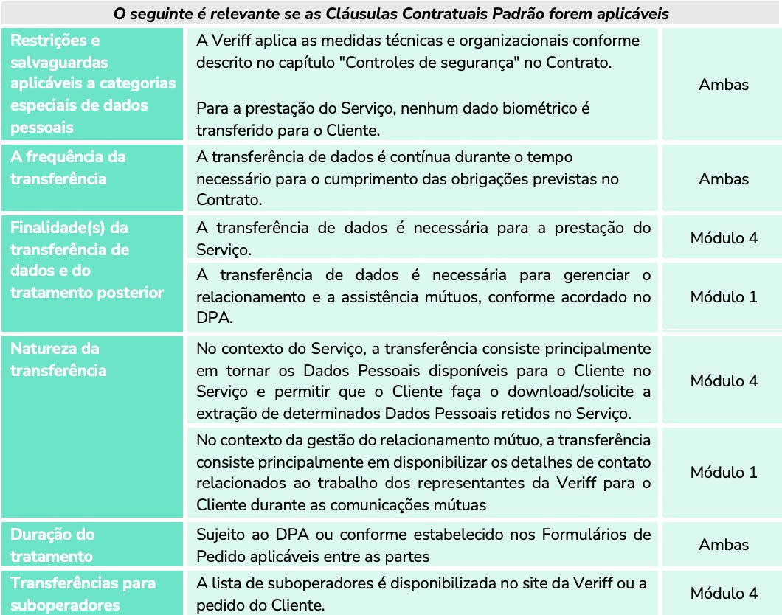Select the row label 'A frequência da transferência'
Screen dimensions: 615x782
coord(68,167)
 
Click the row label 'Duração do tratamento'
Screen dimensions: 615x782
coord(52,545)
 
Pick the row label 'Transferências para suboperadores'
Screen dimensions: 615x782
coord(83,594)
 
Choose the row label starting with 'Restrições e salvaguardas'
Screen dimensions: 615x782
coord(93,83)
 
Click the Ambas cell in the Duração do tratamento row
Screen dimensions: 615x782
coord(723,545)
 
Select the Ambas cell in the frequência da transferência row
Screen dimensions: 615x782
coord(723,178)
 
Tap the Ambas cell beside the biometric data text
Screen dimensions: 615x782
coord(723,84)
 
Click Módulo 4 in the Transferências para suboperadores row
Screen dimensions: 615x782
coord(723,593)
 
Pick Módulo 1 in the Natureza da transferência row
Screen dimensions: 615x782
coord(723,472)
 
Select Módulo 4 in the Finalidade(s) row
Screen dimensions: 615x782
coord(723,237)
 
